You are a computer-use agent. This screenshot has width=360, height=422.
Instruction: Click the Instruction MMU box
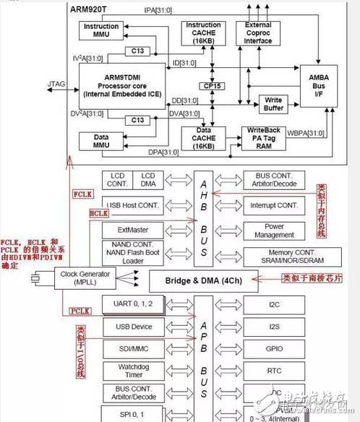point(101,31)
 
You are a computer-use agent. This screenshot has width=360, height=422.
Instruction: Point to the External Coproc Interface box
point(258,33)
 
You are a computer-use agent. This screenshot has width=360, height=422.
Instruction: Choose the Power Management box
point(275,230)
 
